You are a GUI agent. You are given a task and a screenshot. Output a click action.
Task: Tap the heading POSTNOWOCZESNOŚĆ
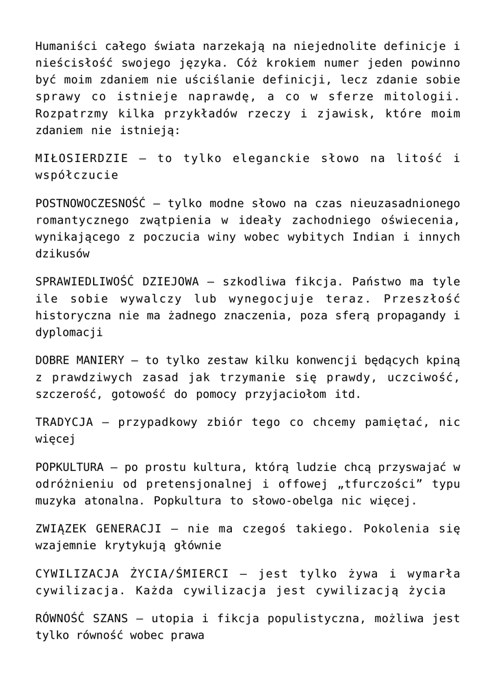pos(91,203)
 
